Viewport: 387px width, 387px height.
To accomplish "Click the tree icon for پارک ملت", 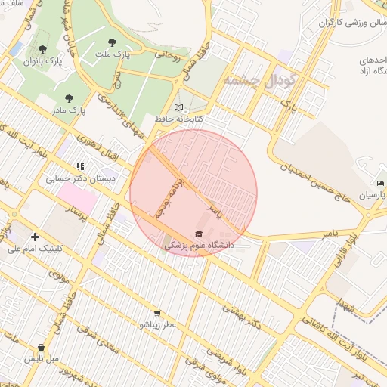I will pos(113,43).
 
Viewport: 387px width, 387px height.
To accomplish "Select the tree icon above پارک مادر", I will pos(70,98).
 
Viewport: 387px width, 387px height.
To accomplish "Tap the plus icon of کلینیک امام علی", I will pos(35,237).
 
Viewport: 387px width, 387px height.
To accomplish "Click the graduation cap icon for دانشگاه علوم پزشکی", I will pos(199,234).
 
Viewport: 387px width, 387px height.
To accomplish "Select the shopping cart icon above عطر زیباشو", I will pos(156,313).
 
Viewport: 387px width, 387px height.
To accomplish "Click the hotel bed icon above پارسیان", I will pos(381,183).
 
